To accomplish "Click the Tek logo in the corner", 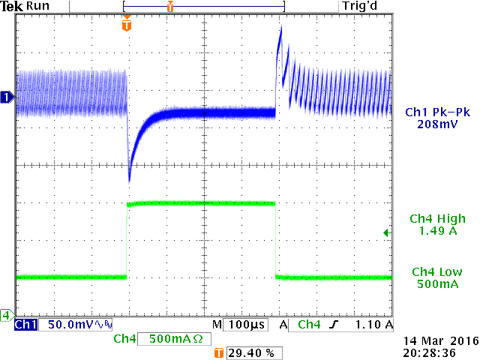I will pos(12,6).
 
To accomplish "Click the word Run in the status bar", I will pos(38,6).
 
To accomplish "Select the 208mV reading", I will pos(433,124).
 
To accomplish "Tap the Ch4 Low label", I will pos(433,271).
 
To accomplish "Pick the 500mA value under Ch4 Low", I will pos(433,283).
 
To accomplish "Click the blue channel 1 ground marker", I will pos(7,97).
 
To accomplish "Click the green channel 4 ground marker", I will pos(7,314).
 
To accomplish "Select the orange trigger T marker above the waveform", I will pos(126,25).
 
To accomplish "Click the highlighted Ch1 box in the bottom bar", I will pos(25,325).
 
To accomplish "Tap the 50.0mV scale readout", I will pos(71,325).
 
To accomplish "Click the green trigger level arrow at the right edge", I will pos(387,233).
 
